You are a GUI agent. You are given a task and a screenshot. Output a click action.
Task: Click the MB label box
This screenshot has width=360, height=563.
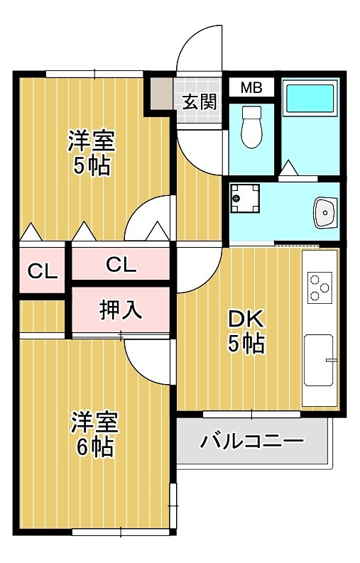click(251, 88)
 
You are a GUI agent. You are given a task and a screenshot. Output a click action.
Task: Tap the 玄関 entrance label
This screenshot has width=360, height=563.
click(200, 102)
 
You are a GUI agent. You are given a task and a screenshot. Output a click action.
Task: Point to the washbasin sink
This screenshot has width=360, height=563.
click(326, 212)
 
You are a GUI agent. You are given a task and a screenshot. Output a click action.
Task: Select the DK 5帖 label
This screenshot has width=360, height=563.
click(246, 331)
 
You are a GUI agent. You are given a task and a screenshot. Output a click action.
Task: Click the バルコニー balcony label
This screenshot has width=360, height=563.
click(251, 442)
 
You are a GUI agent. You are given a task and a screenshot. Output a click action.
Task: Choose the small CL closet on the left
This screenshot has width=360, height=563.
click(42, 270)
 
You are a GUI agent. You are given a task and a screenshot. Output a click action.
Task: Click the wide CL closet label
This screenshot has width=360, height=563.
click(121, 265)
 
